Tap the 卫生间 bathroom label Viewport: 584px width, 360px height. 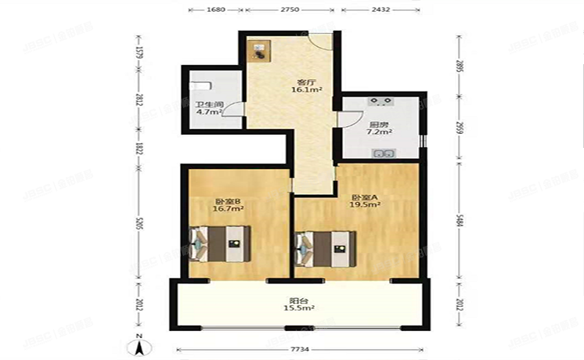210,104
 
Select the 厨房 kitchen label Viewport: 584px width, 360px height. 379,124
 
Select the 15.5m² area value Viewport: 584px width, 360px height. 298,309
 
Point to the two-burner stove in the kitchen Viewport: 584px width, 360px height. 382,102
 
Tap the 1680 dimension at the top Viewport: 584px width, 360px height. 215,9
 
